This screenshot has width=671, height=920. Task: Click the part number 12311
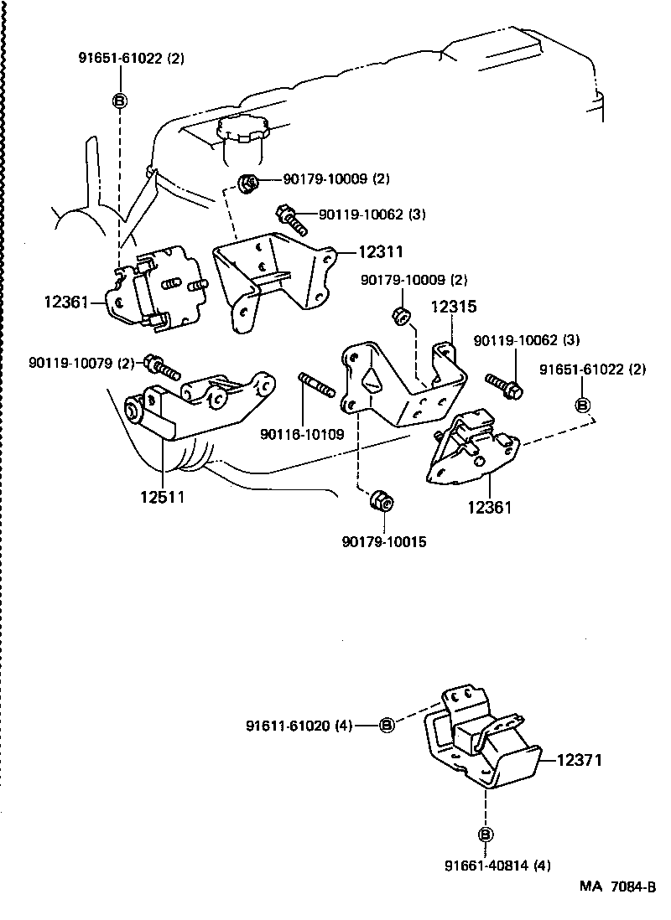382,251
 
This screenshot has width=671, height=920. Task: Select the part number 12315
454,308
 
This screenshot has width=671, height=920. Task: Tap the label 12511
162,495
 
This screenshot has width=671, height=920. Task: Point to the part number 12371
580,760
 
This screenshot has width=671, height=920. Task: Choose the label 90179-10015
384,542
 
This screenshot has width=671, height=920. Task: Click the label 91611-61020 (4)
299,725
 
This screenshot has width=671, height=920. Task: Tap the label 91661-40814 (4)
486,866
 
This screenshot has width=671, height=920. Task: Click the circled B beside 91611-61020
386,725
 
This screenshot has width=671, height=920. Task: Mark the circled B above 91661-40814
486,834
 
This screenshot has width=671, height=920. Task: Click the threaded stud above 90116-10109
317,386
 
